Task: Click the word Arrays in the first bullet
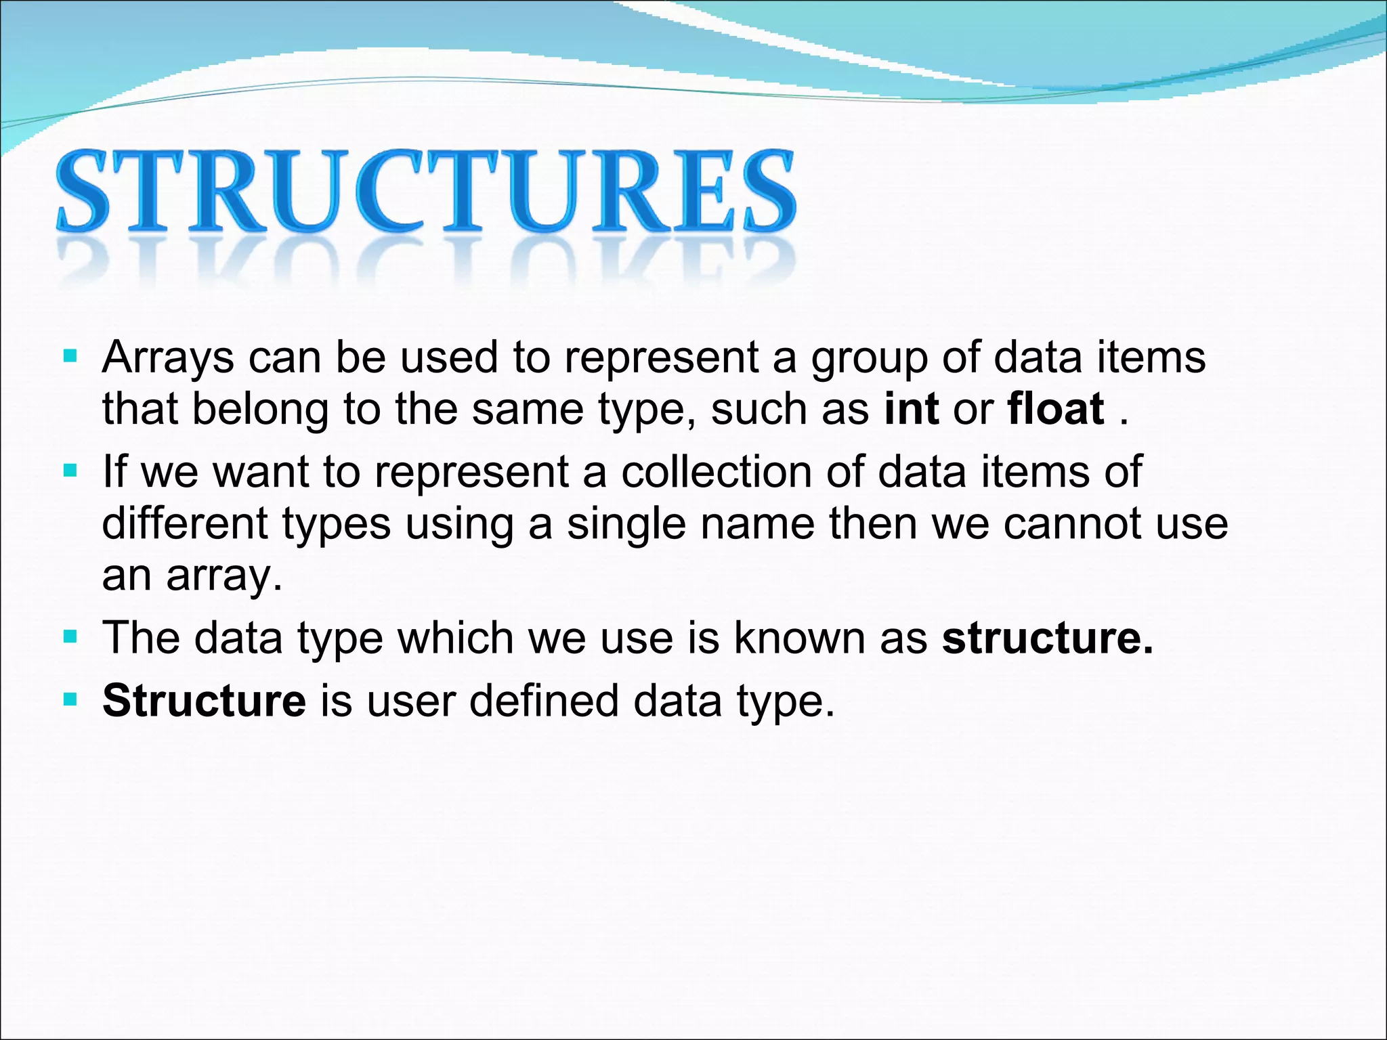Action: click(168, 357)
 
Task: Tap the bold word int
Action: click(911, 409)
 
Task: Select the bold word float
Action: click(1056, 409)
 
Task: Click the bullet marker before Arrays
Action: click(70, 356)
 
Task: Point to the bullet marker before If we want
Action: click(70, 470)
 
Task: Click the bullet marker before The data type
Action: click(70, 636)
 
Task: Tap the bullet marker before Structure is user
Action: click(70, 699)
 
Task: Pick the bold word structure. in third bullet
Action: click(1047, 638)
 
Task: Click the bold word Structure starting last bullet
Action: click(204, 700)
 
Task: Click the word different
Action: click(185, 523)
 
